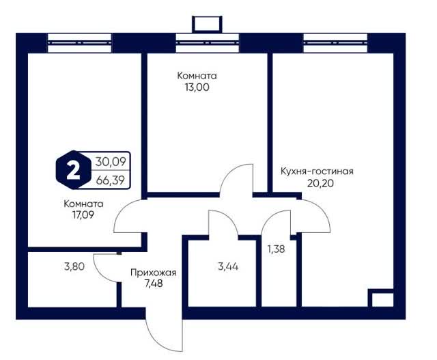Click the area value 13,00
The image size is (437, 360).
[x=197, y=87]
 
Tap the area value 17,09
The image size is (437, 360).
[x=83, y=215]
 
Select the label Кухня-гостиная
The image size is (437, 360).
[x=317, y=171]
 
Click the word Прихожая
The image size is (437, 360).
[x=153, y=273]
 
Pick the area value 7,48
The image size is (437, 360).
[x=154, y=283]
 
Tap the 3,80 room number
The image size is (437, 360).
[x=74, y=267]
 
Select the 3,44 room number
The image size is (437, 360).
[x=228, y=267]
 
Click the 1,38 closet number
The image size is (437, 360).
[x=276, y=249]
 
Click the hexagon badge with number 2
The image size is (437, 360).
[x=74, y=170]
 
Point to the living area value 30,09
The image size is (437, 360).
[x=111, y=161]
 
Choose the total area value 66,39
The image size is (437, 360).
[x=111, y=180]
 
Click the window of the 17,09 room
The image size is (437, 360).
[x=79, y=43]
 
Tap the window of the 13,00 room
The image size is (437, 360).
[x=208, y=43]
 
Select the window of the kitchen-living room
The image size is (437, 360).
[x=335, y=43]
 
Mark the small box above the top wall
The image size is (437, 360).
[x=208, y=24]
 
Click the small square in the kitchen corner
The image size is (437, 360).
[x=381, y=298]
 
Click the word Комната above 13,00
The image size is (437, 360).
[x=197, y=76]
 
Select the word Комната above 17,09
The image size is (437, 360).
[x=83, y=204]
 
